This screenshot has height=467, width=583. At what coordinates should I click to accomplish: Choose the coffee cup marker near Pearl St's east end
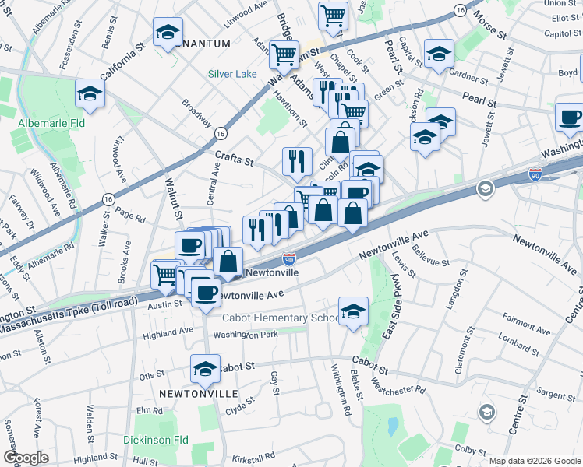click(570, 118)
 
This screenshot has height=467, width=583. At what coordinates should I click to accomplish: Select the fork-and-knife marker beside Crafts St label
click(297, 161)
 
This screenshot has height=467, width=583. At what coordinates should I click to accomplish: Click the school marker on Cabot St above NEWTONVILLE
click(205, 369)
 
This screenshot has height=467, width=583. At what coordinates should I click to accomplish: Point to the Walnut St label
click(173, 198)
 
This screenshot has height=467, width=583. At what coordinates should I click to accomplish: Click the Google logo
click(26, 457)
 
